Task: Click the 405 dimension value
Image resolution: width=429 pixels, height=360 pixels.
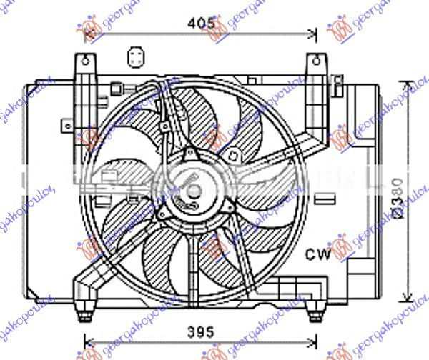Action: [202, 23]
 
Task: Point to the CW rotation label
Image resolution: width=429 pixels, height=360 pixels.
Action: [318, 254]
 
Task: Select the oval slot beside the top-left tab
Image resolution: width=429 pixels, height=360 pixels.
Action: [133, 57]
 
